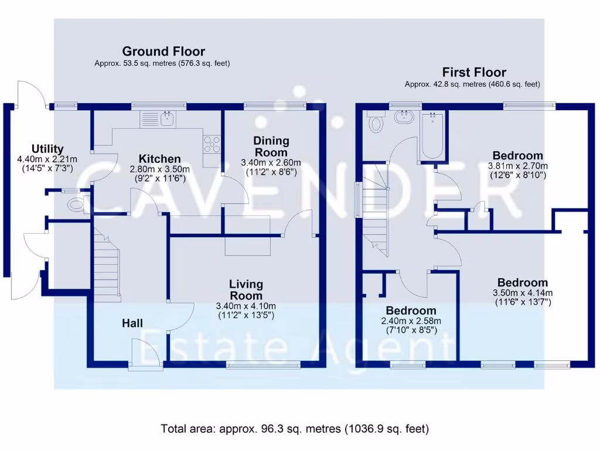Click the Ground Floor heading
(x=163, y=52)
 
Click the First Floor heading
(x=473, y=73)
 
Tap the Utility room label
(x=47, y=149)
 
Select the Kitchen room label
(x=159, y=159)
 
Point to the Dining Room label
(x=271, y=146)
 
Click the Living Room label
(x=246, y=290)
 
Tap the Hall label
(x=132, y=323)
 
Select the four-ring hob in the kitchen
(x=212, y=144)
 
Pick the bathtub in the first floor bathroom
(x=432, y=136)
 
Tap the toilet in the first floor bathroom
(x=375, y=123)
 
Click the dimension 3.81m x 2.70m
(x=517, y=166)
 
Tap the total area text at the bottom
(x=295, y=429)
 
